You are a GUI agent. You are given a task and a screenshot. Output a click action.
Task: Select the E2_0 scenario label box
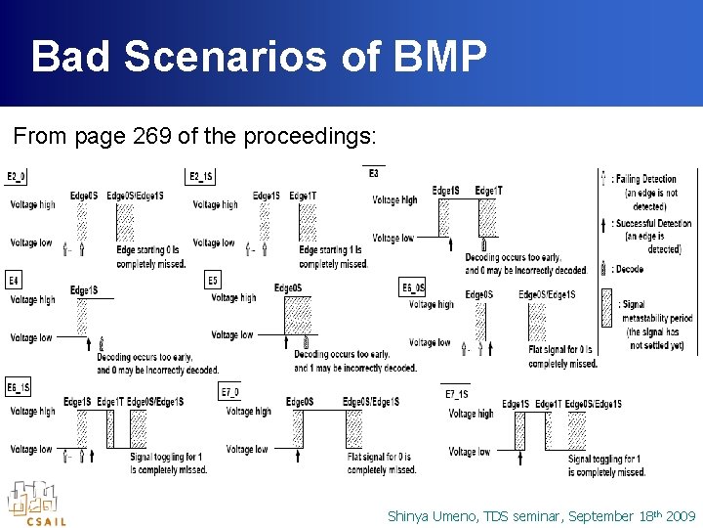coord(17,177)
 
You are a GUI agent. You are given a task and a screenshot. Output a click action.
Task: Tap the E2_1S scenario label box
coord(200,177)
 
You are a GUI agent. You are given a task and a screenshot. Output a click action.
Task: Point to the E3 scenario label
coord(374,173)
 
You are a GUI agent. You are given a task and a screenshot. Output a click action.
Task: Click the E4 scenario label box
coord(14,281)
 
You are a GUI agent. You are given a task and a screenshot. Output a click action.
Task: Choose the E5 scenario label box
coord(213,281)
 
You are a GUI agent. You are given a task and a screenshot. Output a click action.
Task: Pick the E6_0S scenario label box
coord(413,287)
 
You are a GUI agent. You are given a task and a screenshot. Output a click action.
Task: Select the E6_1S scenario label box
coord(19,387)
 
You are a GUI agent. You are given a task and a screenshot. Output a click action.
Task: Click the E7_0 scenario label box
coord(229,392)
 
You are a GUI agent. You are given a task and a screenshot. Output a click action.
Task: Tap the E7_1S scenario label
coord(456,393)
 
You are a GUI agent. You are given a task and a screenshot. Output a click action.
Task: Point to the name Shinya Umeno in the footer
coord(434,515)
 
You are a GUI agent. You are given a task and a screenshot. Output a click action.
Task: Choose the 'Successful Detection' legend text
coord(651,223)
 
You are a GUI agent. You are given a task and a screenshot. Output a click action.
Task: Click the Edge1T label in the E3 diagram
coord(488,191)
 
